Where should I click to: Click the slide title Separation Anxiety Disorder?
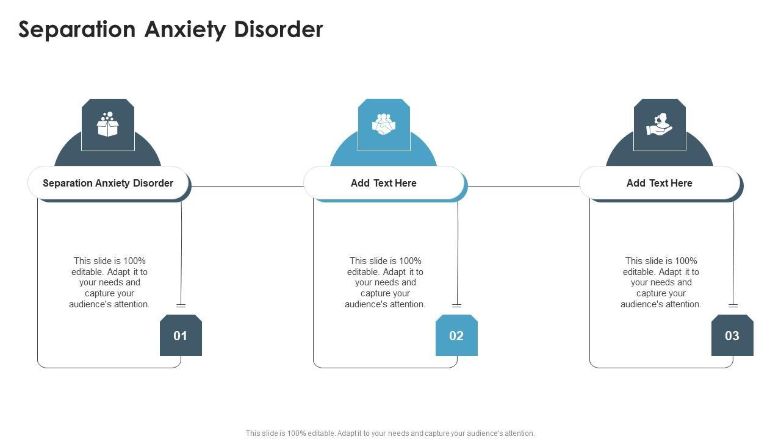[x=171, y=29]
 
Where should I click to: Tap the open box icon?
[x=108, y=124]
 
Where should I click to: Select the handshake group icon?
[x=384, y=124]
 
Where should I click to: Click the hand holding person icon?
[x=660, y=124]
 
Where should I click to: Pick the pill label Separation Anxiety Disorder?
[x=108, y=183]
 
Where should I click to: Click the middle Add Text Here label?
[x=384, y=183]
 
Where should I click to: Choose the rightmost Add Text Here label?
[x=660, y=183]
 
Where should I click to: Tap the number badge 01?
[x=181, y=335]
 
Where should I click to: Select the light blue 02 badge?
[x=456, y=335]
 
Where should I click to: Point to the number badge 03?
[x=732, y=335]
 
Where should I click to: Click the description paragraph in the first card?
[x=109, y=282]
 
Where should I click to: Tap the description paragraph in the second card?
[x=385, y=282]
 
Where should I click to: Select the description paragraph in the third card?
[x=661, y=282]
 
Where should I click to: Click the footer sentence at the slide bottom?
[x=390, y=434]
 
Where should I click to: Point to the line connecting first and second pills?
[x=247, y=186]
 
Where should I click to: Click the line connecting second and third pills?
[x=524, y=186]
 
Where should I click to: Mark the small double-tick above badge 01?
[x=181, y=305]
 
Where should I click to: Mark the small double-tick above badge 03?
[x=733, y=305]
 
